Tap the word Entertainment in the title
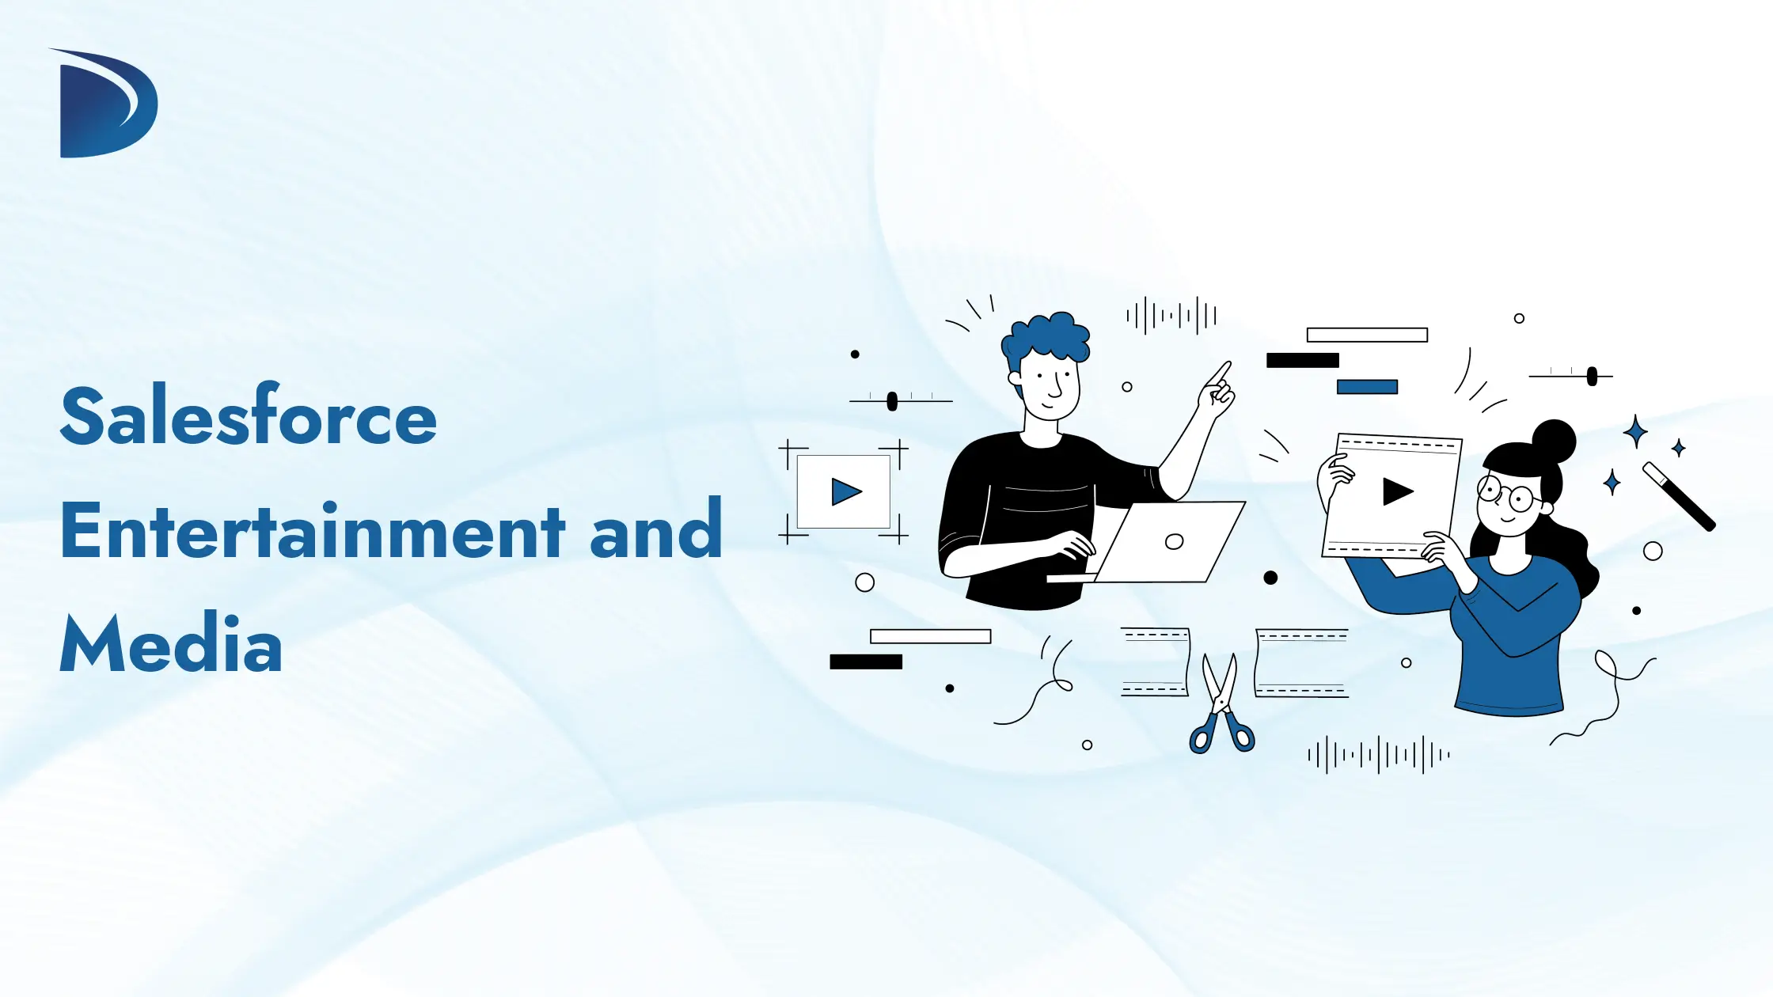pyautogui.click(x=312, y=530)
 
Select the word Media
pyautogui.click(x=171, y=643)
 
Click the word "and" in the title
pyautogui.click(x=656, y=530)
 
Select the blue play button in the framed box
pyautogui.click(x=845, y=492)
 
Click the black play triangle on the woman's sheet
pyautogui.click(x=1397, y=491)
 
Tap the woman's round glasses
pyautogui.click(x=1507, y=495)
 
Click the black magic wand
pyautogui.click(x=1679, y=496)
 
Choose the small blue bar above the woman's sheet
pyautogui.click(x=1367, y=387)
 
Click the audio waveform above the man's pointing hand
pyautogui.click(x=1171, y=316)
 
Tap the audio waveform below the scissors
pyautogui.click(x=1379, y=755)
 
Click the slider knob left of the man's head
pyautogui.click(x=892, y=401)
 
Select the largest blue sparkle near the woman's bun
pyautogui.click(x=1635, y=432)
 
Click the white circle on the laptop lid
pyautogui.click(x=1175, y=541)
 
